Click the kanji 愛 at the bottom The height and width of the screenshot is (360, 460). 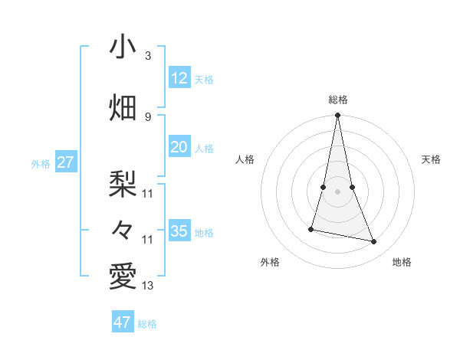click(x=123, y=275)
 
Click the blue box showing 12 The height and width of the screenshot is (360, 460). click(x=179, y=79)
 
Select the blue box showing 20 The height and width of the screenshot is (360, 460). click(x=179, y=148)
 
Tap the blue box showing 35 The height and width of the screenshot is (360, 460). click(x=179, y=231)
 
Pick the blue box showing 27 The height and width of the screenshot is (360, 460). click(x=65, y=162)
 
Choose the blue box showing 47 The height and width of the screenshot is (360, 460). click(x=123, y=322)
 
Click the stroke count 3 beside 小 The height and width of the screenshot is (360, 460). click(x=148, y=56)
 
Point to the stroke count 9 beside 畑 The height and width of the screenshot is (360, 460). click(x=148, y=116)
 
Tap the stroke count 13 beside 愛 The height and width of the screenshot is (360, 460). click(x=148, y=286)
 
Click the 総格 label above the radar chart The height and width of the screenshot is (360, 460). click(x=338, y=100)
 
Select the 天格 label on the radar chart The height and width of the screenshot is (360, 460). click(x=431, y=159)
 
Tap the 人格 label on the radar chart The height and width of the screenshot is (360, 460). click(x=245, y=159)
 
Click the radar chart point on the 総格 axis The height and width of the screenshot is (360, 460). click(x=338, y=116)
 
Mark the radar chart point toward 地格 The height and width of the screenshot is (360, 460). click(x=374, y=242)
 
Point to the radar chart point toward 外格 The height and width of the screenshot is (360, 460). click(x=311, y=229)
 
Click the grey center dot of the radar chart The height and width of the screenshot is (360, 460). click(x=338, y=191)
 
